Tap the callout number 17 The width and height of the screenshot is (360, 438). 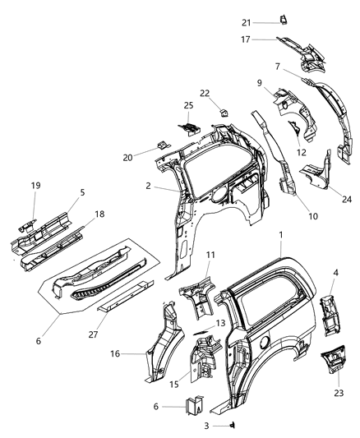click(x=268, y=39)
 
